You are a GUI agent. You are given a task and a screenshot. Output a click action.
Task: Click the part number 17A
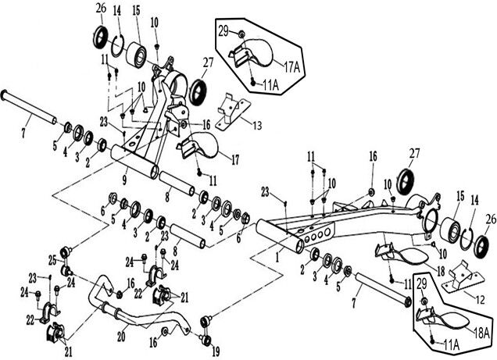point(291,67)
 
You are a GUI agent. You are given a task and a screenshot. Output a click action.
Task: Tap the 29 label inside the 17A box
point(222,30)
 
